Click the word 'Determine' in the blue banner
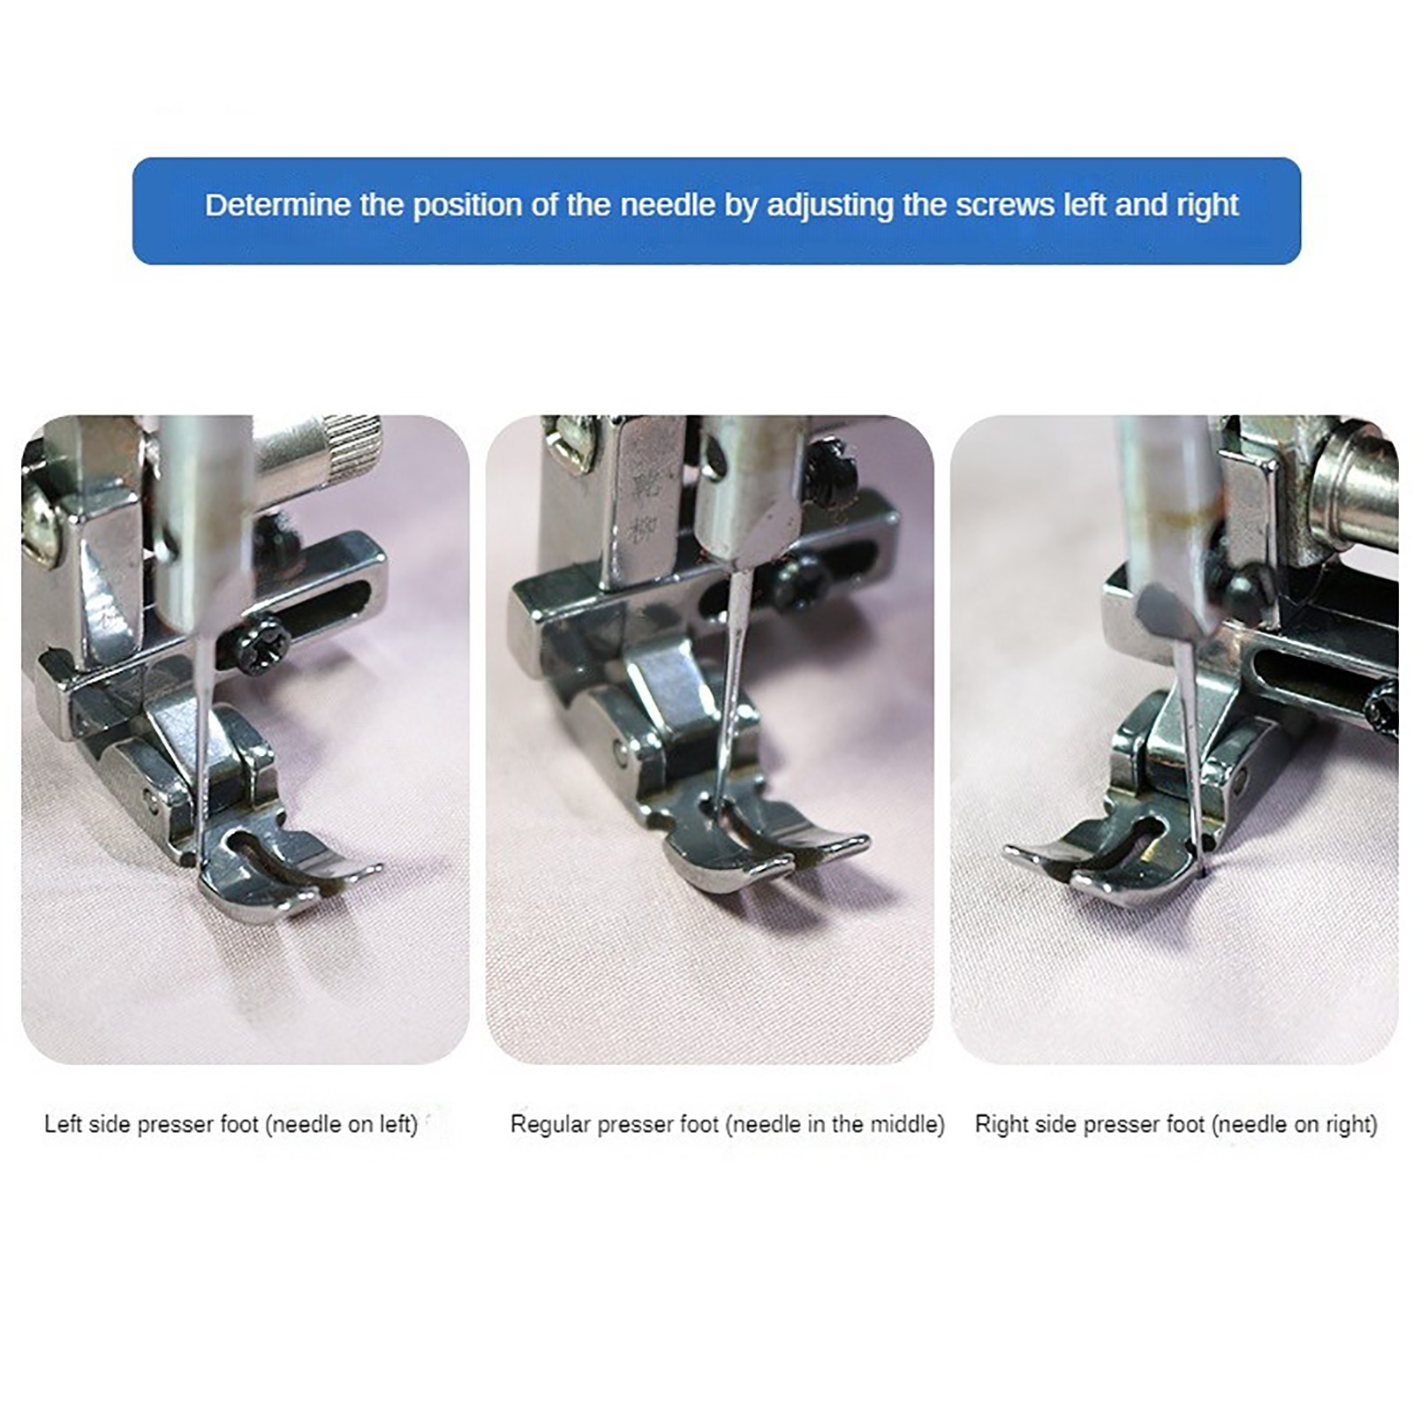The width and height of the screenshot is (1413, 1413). [x=278, y=205]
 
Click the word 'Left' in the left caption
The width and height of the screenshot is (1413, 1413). [x=63, y=1124]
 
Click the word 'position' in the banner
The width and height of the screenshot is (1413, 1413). [x=466, y=205]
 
